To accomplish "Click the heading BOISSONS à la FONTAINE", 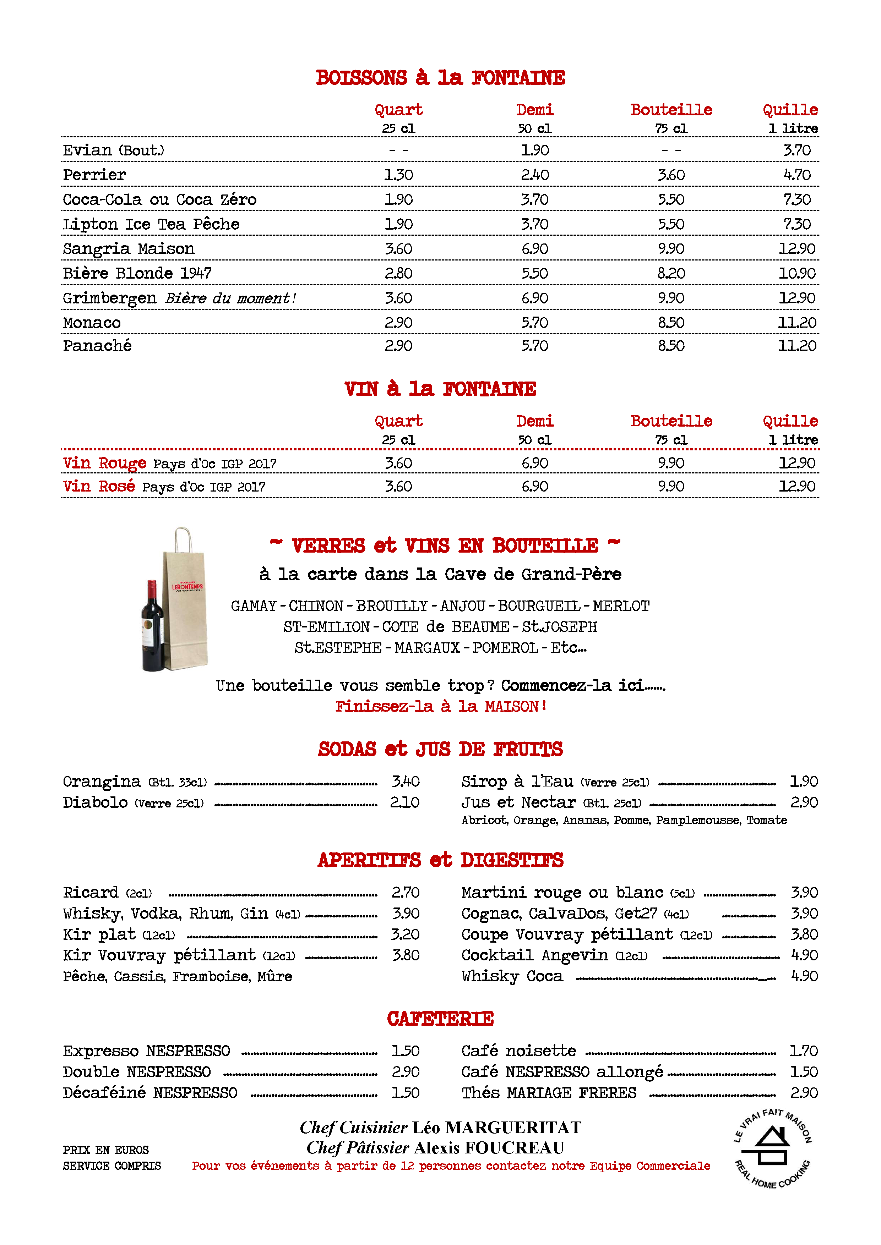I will point(440,77).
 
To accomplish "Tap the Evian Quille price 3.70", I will point(796,150).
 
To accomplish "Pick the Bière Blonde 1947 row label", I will point(137,273).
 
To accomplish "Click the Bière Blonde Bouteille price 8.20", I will point(671,273).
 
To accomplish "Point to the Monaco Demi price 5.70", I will point(534,323).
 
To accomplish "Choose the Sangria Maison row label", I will point(129,249).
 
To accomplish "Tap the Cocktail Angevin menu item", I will point(554,955).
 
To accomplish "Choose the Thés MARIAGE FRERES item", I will point(549,1093).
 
